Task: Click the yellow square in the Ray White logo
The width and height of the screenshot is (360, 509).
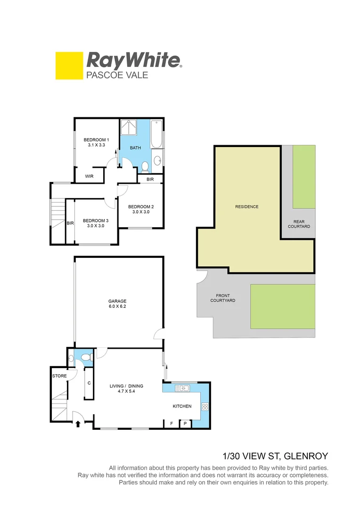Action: click(x=69, y=66)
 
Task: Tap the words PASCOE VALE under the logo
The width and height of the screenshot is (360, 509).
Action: click(x=117, y=75)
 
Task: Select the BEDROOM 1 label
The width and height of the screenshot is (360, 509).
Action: click(x=96, y=140)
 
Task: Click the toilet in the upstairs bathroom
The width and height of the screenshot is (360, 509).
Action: click(x=145, y=165)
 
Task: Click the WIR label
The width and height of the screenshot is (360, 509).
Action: click(x=89, y=177)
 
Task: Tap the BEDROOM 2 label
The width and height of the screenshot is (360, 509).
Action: click(x=141, y=207)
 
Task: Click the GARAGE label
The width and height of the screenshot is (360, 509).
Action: click(x=117, y=301)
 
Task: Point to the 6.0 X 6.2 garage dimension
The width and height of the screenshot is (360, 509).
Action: click(x=117, y=307)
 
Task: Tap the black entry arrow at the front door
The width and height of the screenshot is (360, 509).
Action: click(x=78, y=424)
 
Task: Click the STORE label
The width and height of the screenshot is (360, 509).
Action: click(x=59, y=376)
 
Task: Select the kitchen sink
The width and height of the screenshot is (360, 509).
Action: click(x=181, y=389)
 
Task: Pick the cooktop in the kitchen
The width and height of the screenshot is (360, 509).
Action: click(x=205, y=407)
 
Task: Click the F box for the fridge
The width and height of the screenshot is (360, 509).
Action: click(x=171, y=424)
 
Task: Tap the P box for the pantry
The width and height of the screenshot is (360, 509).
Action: click(x=185, y=424)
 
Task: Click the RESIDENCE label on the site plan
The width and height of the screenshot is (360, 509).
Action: click(x=247, y=207)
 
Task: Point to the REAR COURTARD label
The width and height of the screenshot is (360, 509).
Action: click(x=302, y=224)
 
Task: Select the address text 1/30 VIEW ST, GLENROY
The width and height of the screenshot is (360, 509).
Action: click(x=275, y=456)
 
